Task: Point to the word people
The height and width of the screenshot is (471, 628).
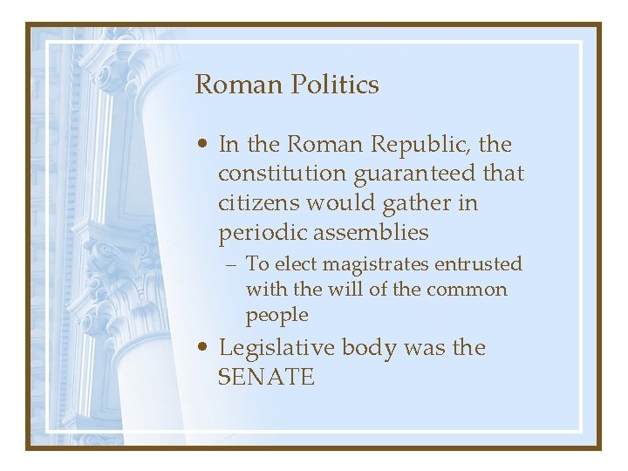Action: point(277,315)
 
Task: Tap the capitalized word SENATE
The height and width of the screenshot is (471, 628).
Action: point(266,378)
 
